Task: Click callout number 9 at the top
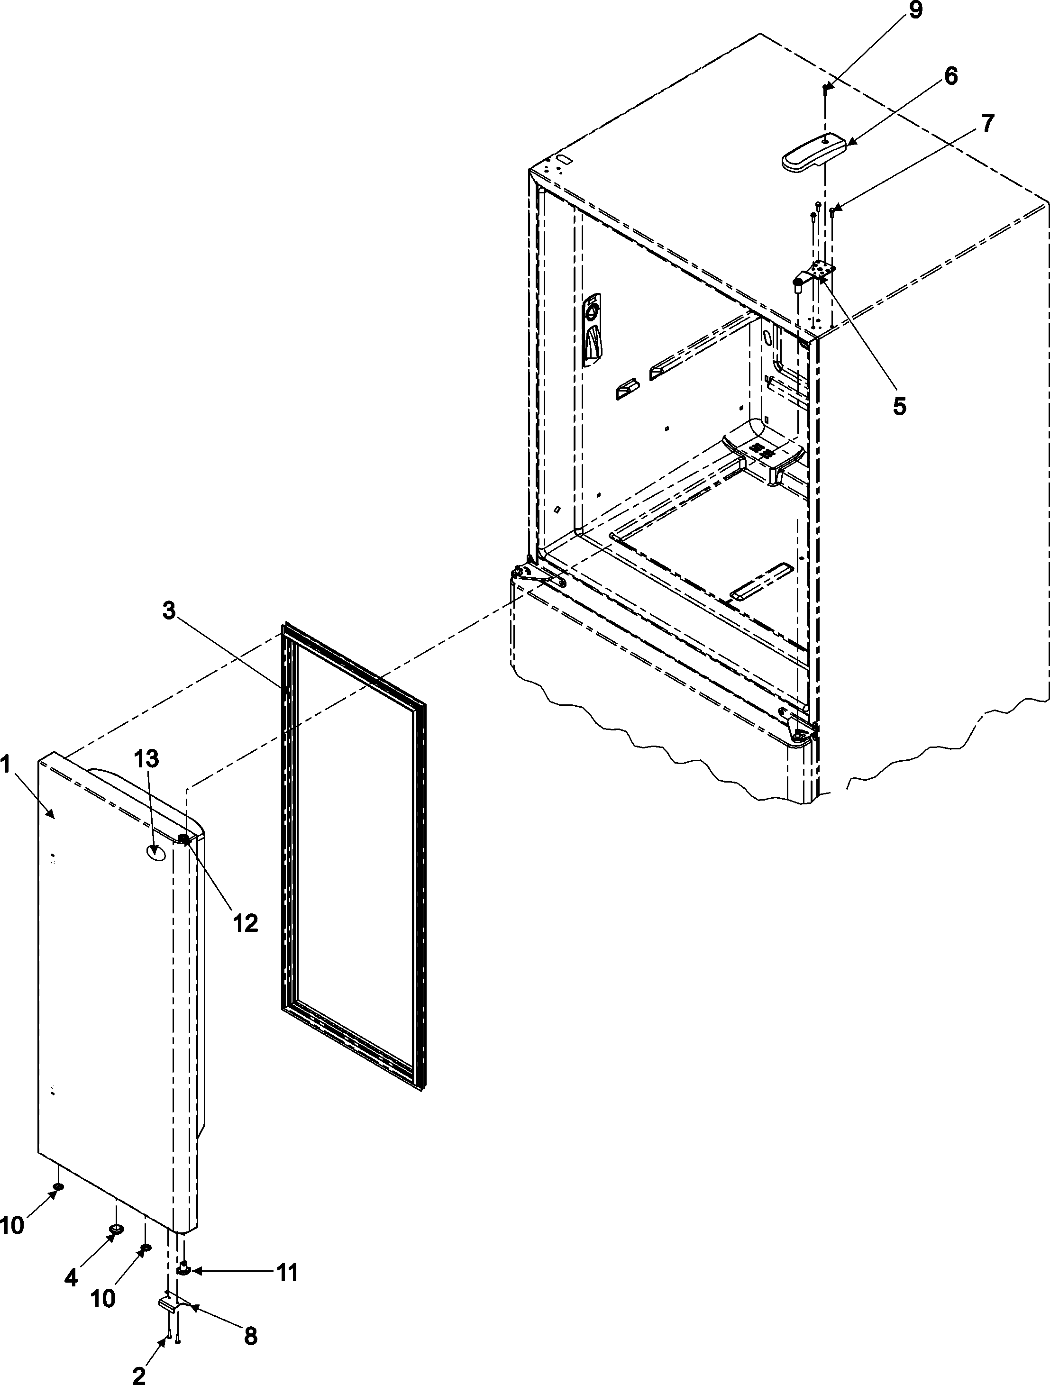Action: coord(915,11)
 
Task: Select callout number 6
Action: coord(950,76)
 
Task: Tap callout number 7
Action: coord(987,123)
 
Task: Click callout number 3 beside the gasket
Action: coord(169,611)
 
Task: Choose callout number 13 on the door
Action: coord(145,759)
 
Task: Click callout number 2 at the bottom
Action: coord(139,1371)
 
